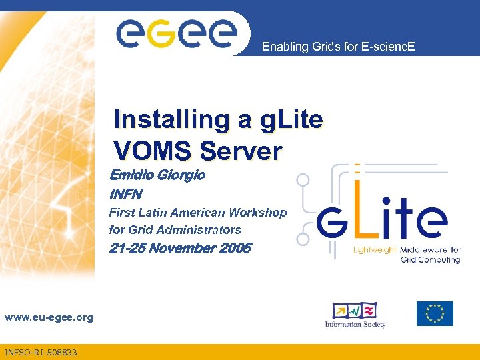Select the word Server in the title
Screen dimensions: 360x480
coord(241,151)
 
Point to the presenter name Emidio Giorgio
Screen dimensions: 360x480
coord(157,175)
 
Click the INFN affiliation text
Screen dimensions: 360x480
coord(126,195)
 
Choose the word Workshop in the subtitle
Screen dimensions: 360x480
coord(257,213)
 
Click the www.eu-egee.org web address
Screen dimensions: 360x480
coord(49,317)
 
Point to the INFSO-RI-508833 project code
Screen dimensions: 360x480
coord(41,352)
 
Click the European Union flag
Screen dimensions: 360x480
coord(435,313)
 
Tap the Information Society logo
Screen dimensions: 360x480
coord(355,315)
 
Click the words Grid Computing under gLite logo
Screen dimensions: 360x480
coord(430,259)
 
